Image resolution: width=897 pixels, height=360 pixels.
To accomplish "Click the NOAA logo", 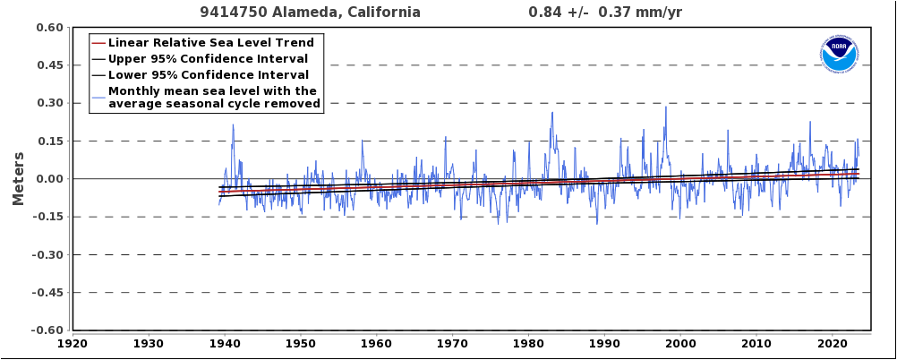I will [x=839, y=54].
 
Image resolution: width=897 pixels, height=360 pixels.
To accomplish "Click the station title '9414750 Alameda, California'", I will [x=310, y=13].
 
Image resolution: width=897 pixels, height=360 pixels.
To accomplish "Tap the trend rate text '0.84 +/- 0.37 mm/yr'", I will [x=605, y=13].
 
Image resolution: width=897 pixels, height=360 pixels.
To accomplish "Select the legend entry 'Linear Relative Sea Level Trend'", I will [x=211, y=43].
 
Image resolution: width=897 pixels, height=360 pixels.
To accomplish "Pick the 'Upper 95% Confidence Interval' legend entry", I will [x=208, y=59].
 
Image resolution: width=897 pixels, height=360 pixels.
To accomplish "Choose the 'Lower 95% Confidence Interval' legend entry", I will [x=208, y=75].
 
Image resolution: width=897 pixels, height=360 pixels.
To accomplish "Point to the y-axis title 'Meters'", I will [x=18, y=179].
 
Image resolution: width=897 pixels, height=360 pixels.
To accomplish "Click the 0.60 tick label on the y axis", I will [x=49, y=28].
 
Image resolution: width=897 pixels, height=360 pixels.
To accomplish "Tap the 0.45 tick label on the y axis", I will [x=49, y=65].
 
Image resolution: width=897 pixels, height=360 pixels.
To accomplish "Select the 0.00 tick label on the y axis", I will [x=49, y=179].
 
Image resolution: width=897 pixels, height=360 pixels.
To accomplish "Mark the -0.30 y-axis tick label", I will [x=47, y=255].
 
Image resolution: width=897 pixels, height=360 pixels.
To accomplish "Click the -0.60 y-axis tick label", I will [x=47, y=330].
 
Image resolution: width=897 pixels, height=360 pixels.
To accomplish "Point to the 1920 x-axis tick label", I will [x=73, y=343].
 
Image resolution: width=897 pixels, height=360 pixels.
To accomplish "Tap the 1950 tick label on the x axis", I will [x=301, y=343].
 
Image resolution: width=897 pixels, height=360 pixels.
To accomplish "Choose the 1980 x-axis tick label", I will [x=528, y=343].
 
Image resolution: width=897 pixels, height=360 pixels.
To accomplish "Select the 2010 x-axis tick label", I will [x=756, y=343].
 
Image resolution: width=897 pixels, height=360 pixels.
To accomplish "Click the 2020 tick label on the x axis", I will [x=833, y=343].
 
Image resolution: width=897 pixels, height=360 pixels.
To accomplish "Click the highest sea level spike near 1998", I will [x=665, y=107].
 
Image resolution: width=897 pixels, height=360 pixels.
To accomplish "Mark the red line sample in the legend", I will [x=98, y=43].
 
